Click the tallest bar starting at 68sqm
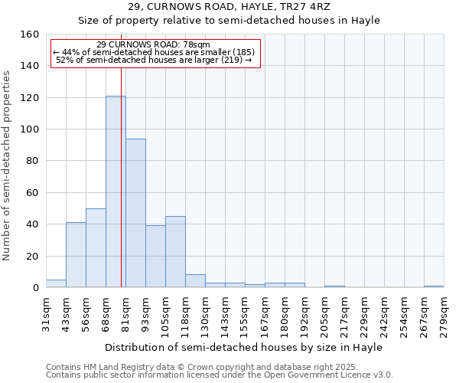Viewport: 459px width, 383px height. pos(116,191)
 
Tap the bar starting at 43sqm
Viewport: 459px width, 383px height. pos(76,255)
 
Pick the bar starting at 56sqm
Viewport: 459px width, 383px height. pos(96,247)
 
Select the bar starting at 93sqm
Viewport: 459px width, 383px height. pos(155,257)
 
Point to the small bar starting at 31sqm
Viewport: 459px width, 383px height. pos(56,283)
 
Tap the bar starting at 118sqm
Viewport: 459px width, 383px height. pos(195,281)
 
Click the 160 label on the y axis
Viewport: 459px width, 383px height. pos(31,34)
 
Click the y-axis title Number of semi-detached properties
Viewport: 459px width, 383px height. pos(7,161)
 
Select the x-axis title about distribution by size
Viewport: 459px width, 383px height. pos(244,347)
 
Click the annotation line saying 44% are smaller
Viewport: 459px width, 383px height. pos(154,52)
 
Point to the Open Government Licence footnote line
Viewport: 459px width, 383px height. pos(220,375)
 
